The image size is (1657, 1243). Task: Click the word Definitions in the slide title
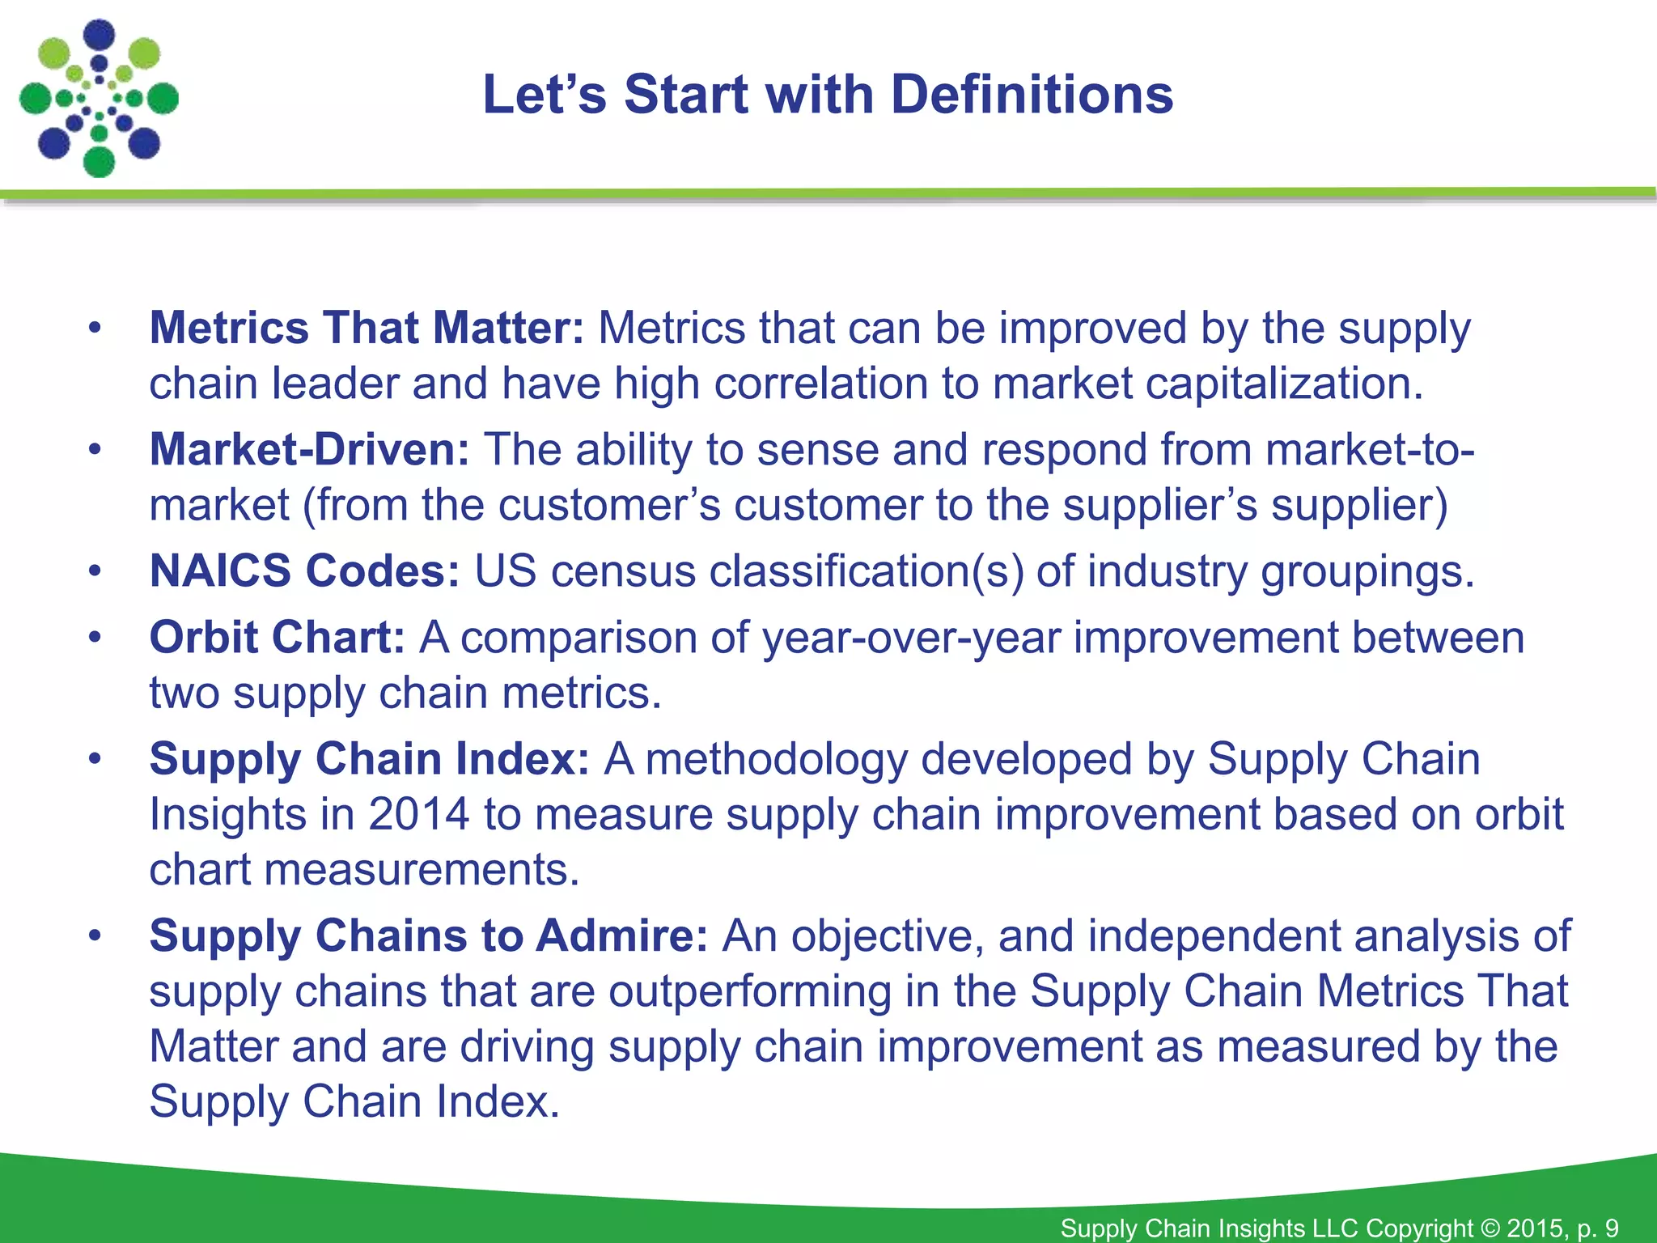point(1032,95)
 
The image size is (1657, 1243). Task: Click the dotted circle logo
point(99,98)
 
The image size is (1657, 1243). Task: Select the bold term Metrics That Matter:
point(366,329)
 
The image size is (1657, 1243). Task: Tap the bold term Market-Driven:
point(309,450)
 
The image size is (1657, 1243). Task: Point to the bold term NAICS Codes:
point(304,571)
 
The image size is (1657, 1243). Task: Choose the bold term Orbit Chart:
point(277,638)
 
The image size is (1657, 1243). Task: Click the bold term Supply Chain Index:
point(369,759)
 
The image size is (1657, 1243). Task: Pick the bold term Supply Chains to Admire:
point(429,936)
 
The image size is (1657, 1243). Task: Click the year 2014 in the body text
point(418,814)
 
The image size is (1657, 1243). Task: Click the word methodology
point(776,759)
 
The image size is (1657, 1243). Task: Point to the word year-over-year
point(911,638)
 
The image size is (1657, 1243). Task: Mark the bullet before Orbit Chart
point(95,638)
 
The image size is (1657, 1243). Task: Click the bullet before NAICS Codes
point(95,571)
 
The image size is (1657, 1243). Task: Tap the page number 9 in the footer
point(1611,1228)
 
